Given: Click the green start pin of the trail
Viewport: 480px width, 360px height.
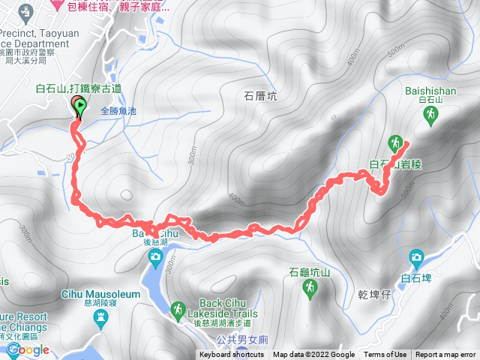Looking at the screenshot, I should pos(80,109).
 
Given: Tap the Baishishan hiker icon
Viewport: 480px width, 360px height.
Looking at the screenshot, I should pos(431,114).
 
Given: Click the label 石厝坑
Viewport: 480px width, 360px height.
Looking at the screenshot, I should pos(260,95).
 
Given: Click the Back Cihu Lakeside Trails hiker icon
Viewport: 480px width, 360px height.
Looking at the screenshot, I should pos(178,309).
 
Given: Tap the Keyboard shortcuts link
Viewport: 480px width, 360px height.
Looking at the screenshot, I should pos(231,355).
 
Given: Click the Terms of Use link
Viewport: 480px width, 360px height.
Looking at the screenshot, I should pos(385,355).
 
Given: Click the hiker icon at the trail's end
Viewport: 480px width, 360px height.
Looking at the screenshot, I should pos(394,142).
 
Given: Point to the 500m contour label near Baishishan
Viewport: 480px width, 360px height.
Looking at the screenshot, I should pos(395,51).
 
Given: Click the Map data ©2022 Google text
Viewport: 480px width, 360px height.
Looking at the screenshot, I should pos(313,355).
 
